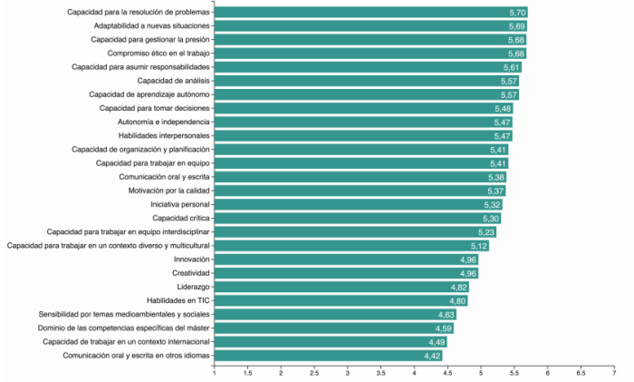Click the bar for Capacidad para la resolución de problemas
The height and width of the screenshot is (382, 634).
tap(362, 13)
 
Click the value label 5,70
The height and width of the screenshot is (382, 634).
tap(517, 13)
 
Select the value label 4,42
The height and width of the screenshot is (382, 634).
tap(432, 356)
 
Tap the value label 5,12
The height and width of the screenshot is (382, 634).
tap(479, 246)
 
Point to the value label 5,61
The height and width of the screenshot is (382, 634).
tap(512, 67)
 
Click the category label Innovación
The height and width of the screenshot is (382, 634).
tap(192, 260)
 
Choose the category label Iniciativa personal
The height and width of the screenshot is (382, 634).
tap(180, 204)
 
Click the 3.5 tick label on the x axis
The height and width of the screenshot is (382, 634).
tap(380, 372)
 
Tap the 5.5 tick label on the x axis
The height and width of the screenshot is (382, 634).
tap(514, 372)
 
